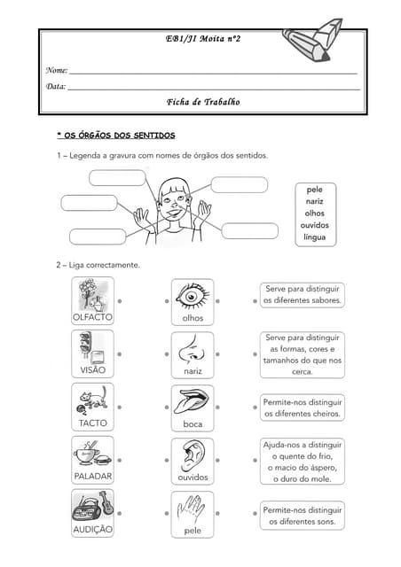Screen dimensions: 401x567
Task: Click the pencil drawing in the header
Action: click(314, 40)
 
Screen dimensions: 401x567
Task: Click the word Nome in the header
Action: click(56, 69)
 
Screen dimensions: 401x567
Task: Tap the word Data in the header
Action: click(55, 86)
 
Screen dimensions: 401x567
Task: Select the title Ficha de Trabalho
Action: click(202, 102)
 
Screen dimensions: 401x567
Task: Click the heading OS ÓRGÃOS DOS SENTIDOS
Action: click(116, 135)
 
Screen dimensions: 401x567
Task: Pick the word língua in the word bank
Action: click(314, 237)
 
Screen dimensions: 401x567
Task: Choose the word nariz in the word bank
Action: click(314, 201)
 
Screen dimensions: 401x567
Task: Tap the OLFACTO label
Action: click(92, 316)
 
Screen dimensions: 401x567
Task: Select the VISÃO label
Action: click(92, 369)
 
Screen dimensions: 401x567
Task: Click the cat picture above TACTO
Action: click(92, 400)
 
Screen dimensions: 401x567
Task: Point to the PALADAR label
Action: click(92, 476)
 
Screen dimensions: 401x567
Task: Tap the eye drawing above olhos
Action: click(192, 295)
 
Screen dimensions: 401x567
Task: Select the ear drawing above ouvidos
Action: click(192, 454)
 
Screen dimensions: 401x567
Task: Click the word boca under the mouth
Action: click(193, 423)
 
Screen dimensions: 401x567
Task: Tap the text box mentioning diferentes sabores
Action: click(303, 295)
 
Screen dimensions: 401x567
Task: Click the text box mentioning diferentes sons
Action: click(303, 516)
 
